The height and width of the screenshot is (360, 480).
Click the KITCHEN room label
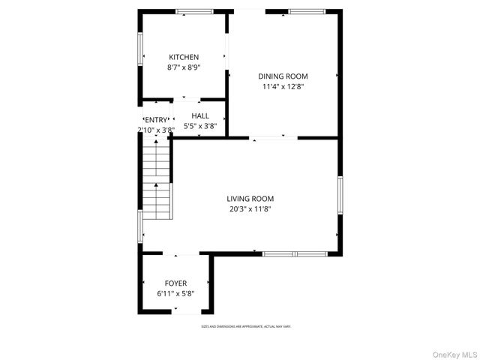(184, 57)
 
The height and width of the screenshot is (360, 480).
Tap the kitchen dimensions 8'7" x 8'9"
(184, 67)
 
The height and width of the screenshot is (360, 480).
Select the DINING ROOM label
(283, 76)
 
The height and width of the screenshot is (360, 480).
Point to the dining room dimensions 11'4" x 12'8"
(283, 86)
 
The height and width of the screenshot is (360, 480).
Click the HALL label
(200, 115)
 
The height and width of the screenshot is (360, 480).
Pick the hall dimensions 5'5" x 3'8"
(200, 126)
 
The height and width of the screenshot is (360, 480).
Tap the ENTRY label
(157, 120)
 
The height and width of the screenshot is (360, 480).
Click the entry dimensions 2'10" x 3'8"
(156, 130)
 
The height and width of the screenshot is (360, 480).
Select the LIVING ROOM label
(250, 199)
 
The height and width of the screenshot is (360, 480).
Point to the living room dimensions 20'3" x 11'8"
(250, 209)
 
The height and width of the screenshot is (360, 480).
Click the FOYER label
(176, 283)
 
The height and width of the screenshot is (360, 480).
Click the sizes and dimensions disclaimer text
(245, 327)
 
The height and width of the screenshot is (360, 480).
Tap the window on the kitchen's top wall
(194, 11)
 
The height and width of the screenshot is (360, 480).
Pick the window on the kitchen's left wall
(140, 49)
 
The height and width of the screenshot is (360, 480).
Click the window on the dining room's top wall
(307, 11)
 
